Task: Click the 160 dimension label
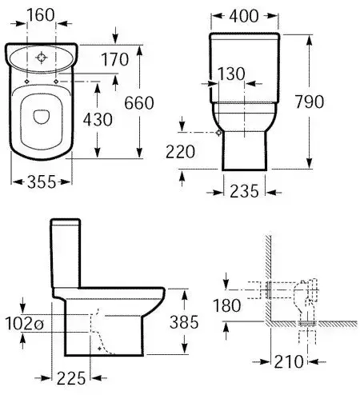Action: click(x=41, y=15)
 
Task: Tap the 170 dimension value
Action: click(x=115, y=59)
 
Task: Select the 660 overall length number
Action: click(x=139, y=103)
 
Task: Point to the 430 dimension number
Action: click(x=98, y=119)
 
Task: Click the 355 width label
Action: click(x=42, y=182)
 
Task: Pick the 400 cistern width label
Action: click(x=244, y=16)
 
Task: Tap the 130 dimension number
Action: click(x=231, y=74)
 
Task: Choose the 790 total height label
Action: click(x=310, y=102)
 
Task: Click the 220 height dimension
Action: click(x=180, y=152)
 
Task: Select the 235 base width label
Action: click(x=244, y=191)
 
